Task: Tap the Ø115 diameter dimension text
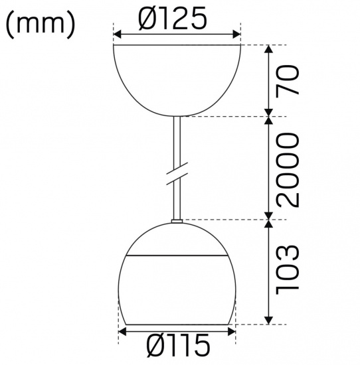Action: point(177,346)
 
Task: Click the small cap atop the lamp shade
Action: point(177,222)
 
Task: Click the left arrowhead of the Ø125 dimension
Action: point(118,35)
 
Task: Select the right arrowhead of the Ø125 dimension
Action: point(236,35)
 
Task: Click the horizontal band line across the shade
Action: point(177,256)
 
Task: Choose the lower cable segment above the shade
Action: point(177,202)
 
